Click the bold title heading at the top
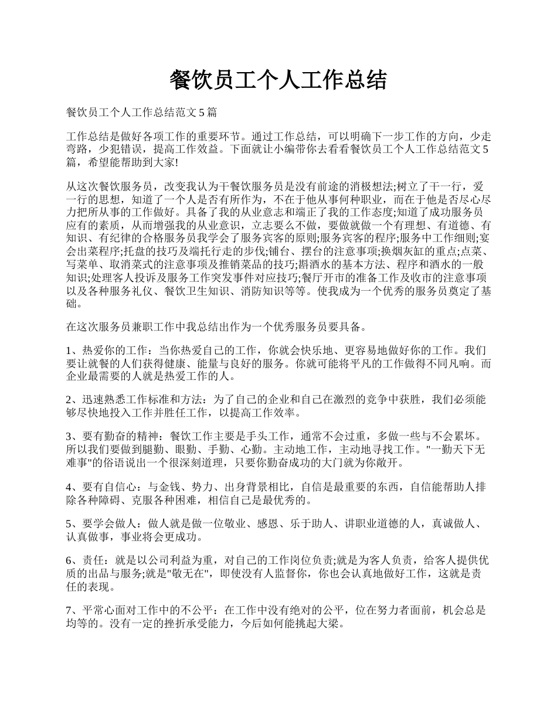point(278,80)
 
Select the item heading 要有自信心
point(111,487)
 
